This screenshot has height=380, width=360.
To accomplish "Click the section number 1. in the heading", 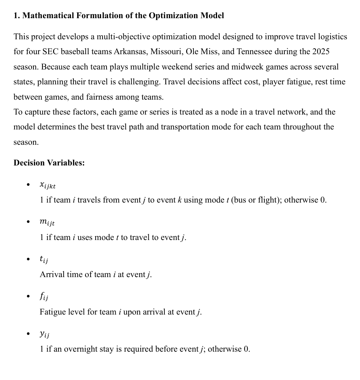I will coord(17,16).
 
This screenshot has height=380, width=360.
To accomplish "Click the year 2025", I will coord(321,52).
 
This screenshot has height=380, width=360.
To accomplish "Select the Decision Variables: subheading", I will coord(49,163).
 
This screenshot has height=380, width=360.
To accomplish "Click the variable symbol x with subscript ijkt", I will coord(48,185).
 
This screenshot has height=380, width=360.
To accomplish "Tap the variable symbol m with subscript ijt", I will coord(47,222).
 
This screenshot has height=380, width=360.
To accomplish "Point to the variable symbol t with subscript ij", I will coord(44,259).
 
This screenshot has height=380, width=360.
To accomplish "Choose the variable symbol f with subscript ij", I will coord(44,297).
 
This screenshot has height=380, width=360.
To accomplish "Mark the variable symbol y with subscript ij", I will coord(44,334).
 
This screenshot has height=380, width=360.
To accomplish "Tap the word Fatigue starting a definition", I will coord(52,312).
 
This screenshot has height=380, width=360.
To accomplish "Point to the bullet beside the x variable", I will coord(28,185).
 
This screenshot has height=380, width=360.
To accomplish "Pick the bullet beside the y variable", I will coord(28,334).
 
